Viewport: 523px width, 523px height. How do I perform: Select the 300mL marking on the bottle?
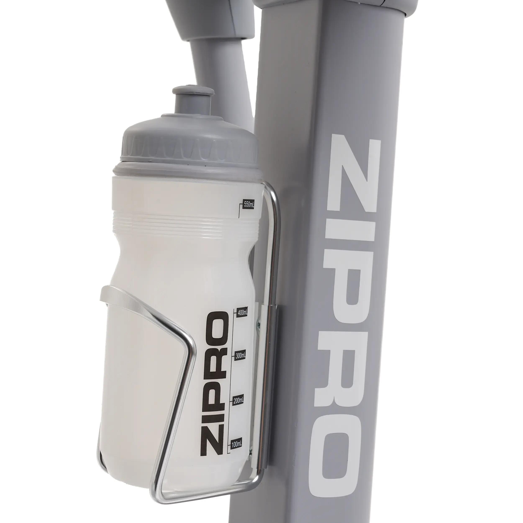[x=240, y=355]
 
